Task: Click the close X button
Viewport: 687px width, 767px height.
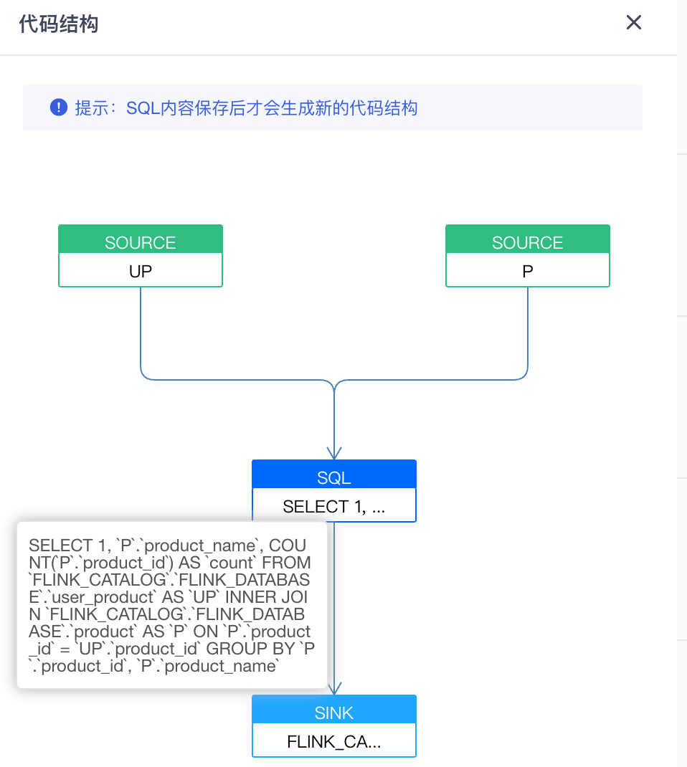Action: [633, 23]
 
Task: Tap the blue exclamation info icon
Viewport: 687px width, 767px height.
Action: [58, 108]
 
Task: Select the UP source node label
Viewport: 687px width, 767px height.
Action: [141, 272]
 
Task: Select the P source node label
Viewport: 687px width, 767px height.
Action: [528, 272]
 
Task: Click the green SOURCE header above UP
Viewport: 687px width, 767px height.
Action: [141, 242]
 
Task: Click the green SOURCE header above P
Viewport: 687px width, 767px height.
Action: [528, 242]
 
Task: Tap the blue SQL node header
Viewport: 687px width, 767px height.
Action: [334, 477]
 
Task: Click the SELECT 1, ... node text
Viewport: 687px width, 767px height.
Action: [334, 507]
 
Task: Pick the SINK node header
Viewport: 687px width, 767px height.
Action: [334, 713]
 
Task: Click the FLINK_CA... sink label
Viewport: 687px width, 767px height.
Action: [334, 742]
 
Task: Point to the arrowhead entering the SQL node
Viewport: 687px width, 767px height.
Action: [334, 453]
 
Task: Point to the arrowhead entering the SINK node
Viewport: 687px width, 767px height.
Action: [334, 688]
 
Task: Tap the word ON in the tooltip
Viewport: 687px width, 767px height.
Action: [205, 632]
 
